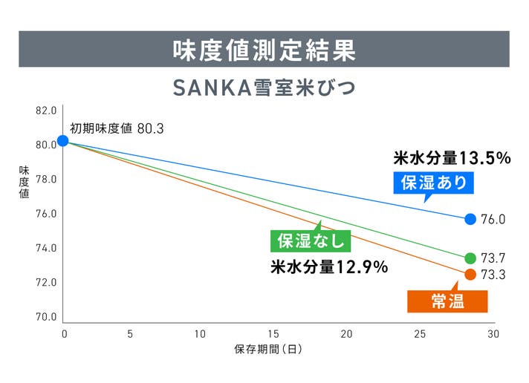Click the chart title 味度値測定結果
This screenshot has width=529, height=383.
point(264,50)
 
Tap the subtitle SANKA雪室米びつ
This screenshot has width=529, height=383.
point(264,88)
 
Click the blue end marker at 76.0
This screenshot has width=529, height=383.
point(470,219)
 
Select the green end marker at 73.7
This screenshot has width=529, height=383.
point(470,258)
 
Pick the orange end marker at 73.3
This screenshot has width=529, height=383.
point(470,275)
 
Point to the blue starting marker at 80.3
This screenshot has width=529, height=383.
point(63,140)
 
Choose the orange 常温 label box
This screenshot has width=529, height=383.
point(448,301)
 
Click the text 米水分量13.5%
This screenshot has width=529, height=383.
point(452,158)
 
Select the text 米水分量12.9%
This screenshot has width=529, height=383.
point(328,267)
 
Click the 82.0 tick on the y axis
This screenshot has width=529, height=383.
point(46,111)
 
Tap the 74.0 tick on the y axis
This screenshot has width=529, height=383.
point(46,248)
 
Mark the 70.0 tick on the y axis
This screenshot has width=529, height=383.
point(46,317)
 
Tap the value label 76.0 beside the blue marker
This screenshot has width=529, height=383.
point(493,220)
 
